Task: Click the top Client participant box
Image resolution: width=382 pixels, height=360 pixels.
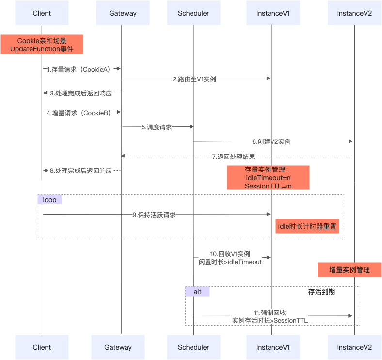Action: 42,13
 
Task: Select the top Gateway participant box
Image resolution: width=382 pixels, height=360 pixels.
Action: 123,13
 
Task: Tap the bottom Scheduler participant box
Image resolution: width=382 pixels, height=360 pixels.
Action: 193,347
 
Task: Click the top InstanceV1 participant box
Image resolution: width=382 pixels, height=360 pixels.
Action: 273,13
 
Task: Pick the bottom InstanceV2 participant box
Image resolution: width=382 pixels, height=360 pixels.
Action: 354,347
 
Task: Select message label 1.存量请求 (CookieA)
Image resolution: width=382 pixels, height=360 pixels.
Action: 80,69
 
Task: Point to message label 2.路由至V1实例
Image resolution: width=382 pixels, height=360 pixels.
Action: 194,79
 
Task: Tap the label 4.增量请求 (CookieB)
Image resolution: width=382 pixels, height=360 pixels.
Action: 80,113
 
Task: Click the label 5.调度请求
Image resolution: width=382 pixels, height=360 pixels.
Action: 157,127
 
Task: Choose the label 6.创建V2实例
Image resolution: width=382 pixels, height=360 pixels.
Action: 271,142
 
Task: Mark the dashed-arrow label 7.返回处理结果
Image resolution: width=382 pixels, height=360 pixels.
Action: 233,157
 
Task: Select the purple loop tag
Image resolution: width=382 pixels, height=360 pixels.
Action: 50,200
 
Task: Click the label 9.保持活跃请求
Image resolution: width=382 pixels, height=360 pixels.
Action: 154,215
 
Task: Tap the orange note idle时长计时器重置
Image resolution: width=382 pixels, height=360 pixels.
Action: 307,226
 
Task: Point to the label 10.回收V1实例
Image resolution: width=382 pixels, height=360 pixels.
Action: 230,258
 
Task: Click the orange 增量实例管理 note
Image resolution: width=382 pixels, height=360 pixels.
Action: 349,270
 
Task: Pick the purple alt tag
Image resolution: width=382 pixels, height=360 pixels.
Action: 197,292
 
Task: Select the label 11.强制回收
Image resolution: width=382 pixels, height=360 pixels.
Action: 270,315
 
